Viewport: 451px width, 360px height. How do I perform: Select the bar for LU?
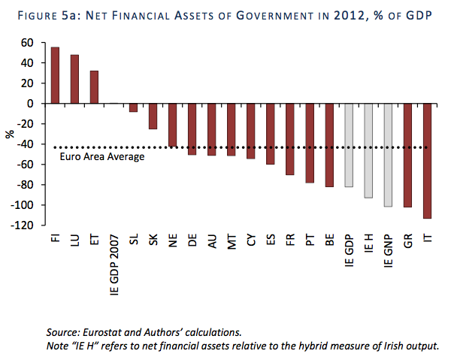pos(74,79)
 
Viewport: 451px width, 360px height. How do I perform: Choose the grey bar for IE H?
pos(368,150)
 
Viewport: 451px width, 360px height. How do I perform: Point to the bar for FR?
pos(289,139)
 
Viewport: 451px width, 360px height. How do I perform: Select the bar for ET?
pos(94,87)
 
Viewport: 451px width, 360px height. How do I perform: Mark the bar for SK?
pos(153,116)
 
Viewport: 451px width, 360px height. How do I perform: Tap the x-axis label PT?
pos(310,241)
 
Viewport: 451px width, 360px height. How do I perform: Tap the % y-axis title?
pos(11,134)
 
